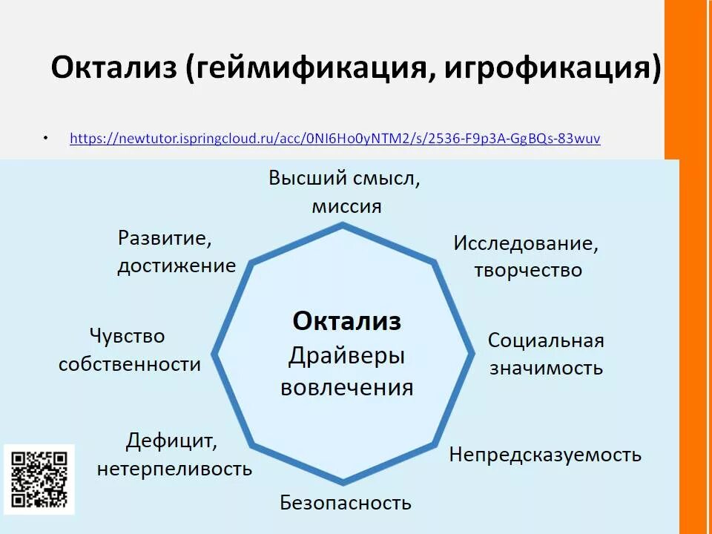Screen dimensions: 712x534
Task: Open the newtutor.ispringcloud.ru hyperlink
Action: tap(334, 138)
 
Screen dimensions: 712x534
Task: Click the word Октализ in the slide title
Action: tap(113, 69)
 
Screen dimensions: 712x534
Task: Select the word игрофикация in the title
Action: tap(552, 69)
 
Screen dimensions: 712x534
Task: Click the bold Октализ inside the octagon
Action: tap(346, 321)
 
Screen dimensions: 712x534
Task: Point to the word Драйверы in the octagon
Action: tap(346, 356)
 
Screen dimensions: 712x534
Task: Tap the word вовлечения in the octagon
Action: tap(346, 388)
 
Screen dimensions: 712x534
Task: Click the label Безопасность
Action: tap(345, 503)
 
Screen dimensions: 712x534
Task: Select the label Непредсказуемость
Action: tap(545, 454)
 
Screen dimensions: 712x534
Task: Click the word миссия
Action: tap(346, 206)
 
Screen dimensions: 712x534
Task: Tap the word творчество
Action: tap(528, 270)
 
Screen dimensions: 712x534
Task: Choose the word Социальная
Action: tap(545, 340)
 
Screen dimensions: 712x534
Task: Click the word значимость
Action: tap(546, 368)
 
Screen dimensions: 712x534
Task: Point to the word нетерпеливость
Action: tap(174, 469)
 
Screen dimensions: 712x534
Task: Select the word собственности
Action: tap(130, 364)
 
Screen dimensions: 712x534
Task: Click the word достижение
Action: tap(177, 266)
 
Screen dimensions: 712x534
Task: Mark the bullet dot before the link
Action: tap(45, 139)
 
